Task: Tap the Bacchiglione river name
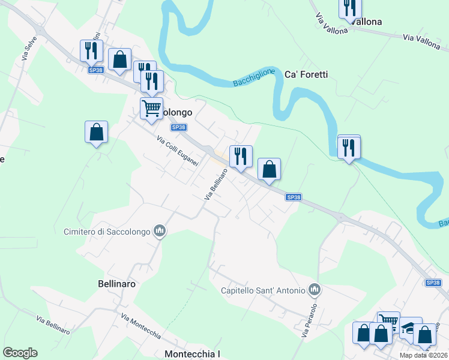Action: [253, 78]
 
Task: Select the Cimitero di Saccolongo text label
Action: [108, 231]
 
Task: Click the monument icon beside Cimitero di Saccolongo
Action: [160, 231]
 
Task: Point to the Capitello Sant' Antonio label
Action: [263, 291]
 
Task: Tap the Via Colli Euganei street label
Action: [178, 152]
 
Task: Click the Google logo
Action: [20, 353]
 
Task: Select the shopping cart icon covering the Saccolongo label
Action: [151, 109]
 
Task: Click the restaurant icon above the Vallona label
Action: [349, 7]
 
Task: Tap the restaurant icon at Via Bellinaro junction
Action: [241, 156]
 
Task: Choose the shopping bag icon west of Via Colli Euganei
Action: [96, 131]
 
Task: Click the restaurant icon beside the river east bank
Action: [349, 146]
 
